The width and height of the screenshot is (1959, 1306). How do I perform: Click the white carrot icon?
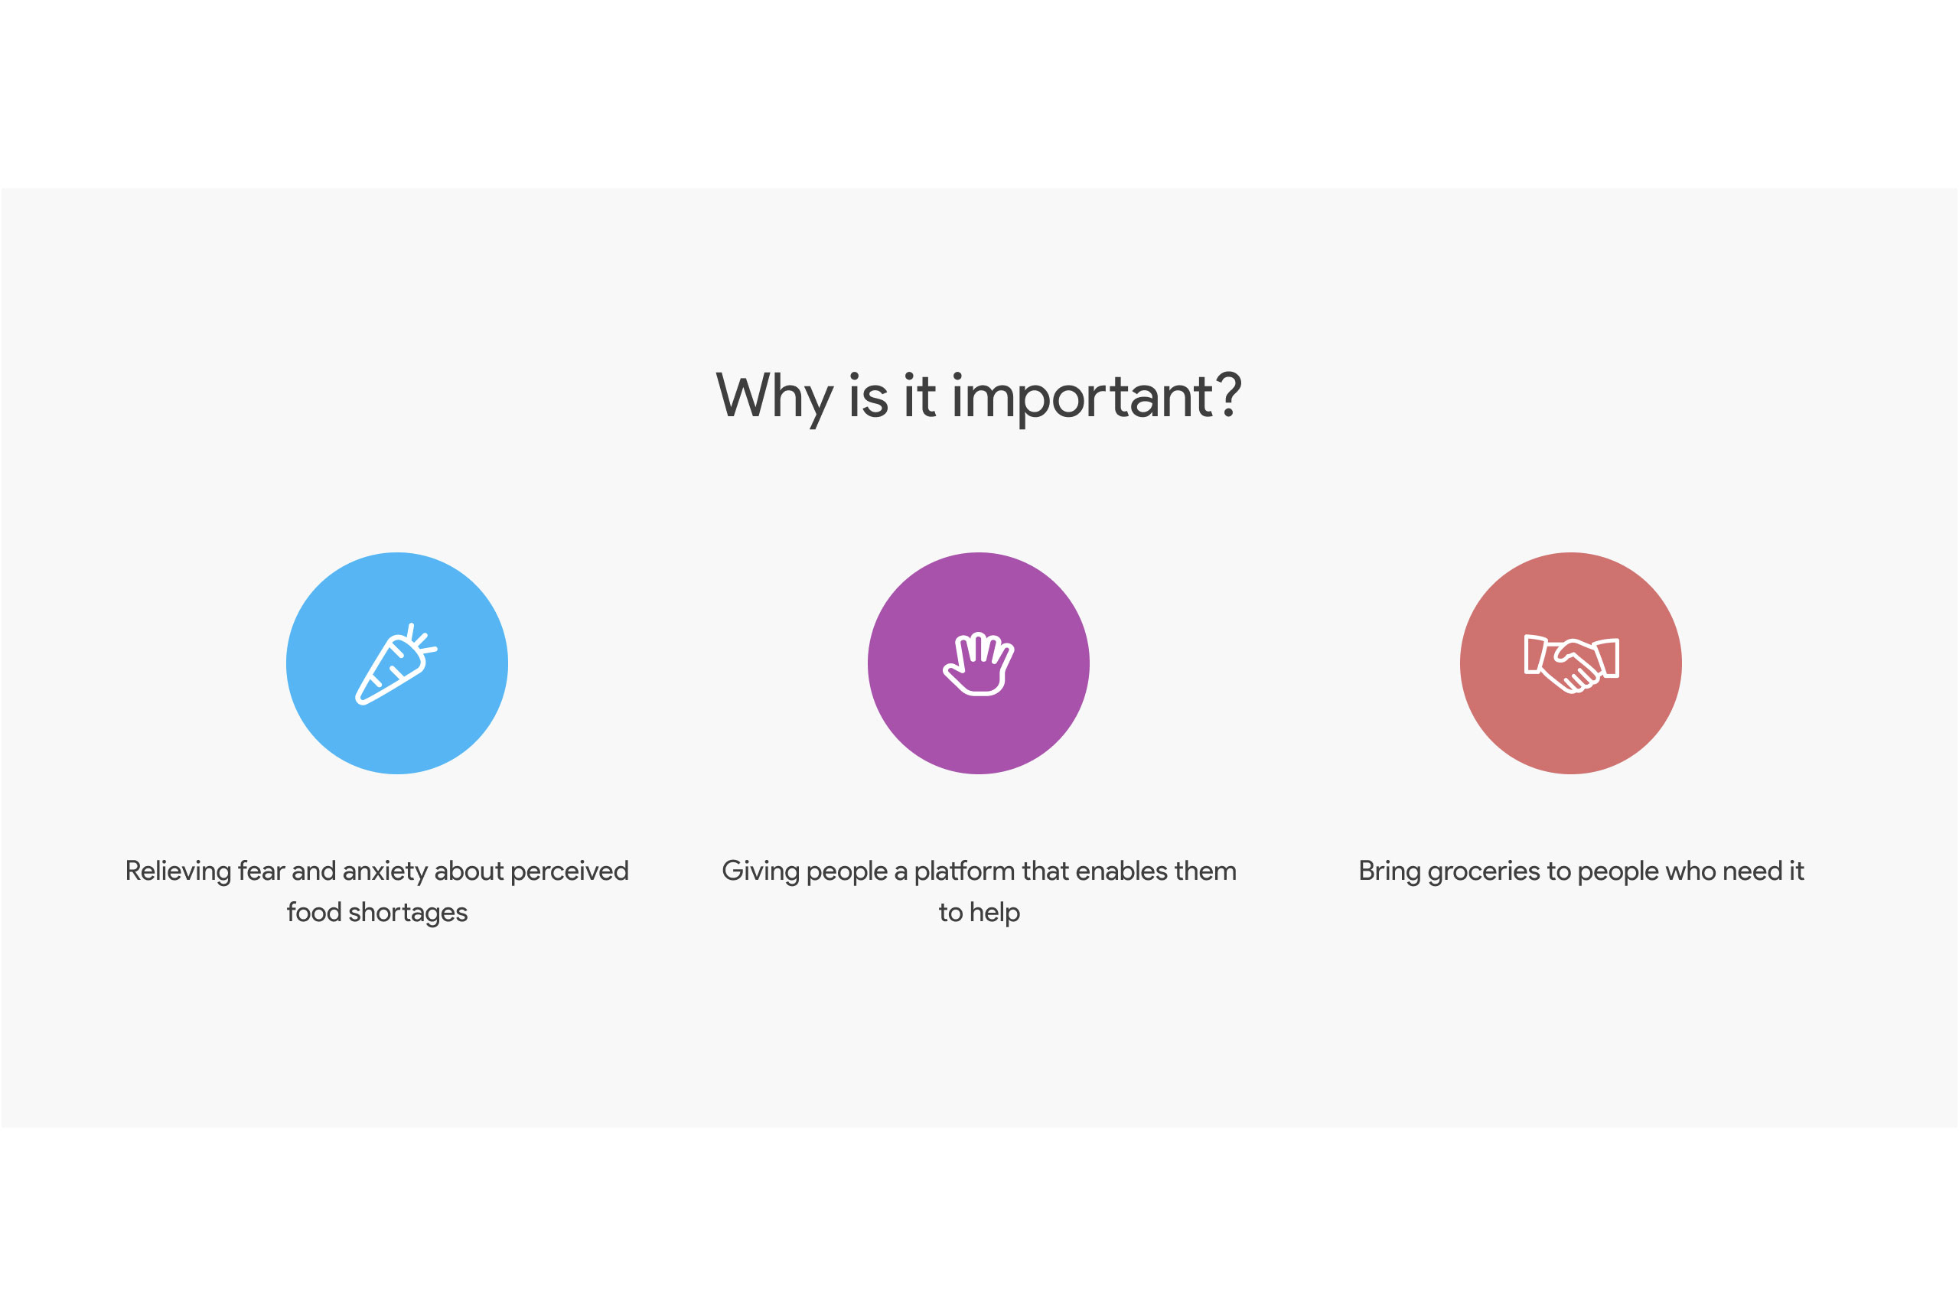pos(396,664)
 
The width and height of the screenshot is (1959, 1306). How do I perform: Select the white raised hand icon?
pos(979,664)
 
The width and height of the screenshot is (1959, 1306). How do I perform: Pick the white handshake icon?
pos(1571,664)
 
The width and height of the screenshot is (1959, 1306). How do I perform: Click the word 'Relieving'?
pos(178,871)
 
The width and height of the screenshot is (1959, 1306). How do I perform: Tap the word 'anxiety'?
pos(385,871)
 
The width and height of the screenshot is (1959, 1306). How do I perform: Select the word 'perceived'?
pos(569,871)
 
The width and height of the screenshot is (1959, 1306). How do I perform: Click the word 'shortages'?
pos(408,913)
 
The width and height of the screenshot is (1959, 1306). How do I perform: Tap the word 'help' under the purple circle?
pos(996,913)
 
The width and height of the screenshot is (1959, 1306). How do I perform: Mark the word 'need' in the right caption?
pos(1752,871)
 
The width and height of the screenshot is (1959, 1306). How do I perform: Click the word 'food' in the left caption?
pos(315,913)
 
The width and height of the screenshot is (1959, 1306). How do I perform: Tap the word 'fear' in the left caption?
pos(262,871)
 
